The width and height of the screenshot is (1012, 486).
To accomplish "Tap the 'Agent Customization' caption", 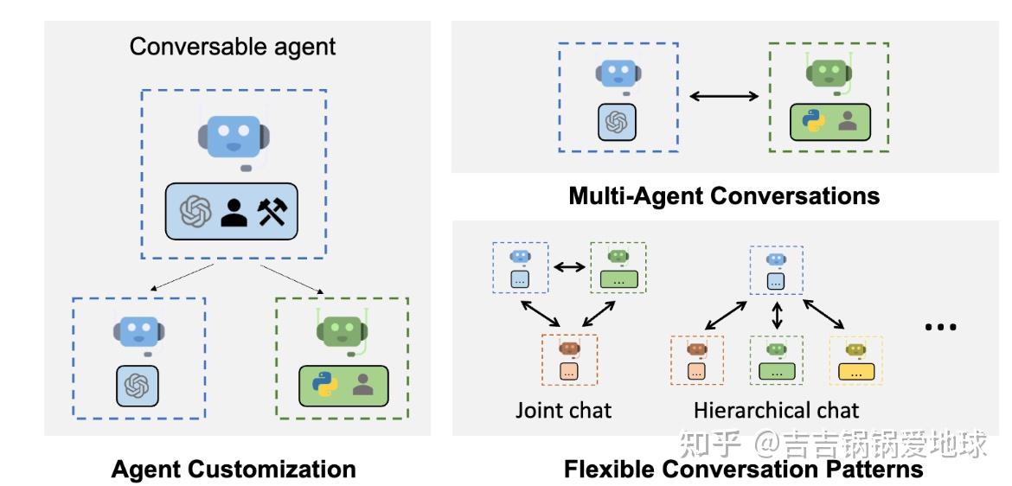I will point(234,470).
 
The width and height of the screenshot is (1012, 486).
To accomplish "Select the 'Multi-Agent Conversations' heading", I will point(723,196).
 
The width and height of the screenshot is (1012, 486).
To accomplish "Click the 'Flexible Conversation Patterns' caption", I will point(743,470).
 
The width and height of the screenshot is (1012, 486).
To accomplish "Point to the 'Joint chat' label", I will point(563,409).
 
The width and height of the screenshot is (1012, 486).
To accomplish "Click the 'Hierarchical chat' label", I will point(776,409).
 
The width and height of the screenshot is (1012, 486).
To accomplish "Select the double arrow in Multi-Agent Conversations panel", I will point(723,96).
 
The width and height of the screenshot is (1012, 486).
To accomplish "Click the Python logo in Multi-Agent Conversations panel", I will point(811,123).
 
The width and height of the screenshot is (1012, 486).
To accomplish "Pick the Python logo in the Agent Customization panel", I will point(324,384).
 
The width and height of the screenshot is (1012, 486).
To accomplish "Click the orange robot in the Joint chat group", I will point(568,349).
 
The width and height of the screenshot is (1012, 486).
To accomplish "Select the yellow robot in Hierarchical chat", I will point(855,349).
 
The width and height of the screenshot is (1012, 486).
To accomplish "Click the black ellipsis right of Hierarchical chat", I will point(940,328).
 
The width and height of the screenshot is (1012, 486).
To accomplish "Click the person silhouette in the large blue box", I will point(233,211).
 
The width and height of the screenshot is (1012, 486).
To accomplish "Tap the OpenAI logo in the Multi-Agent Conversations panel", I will point(617,123).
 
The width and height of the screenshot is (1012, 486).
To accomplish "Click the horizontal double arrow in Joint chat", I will point(568,268).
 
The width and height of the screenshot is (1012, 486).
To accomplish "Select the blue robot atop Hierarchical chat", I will point(776,259).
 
